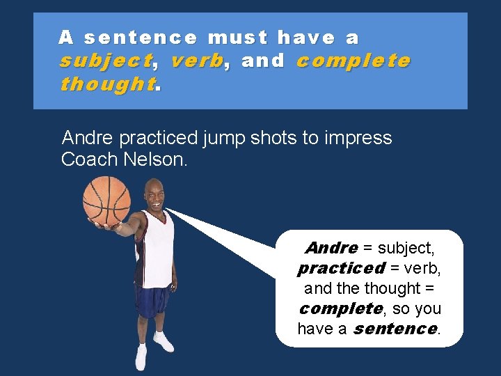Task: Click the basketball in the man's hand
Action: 106,201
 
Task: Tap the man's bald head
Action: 154,188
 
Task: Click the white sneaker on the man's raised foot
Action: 163,342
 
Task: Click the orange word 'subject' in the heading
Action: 104,61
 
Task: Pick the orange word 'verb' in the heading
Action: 197,61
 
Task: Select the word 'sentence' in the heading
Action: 141,37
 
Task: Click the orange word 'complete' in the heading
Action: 353,61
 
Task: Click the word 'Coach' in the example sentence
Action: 89,159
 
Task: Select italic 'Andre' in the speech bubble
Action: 331,248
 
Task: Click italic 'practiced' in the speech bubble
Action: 340,268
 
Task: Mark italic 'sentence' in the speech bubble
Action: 395,328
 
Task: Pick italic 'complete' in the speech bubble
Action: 340,308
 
